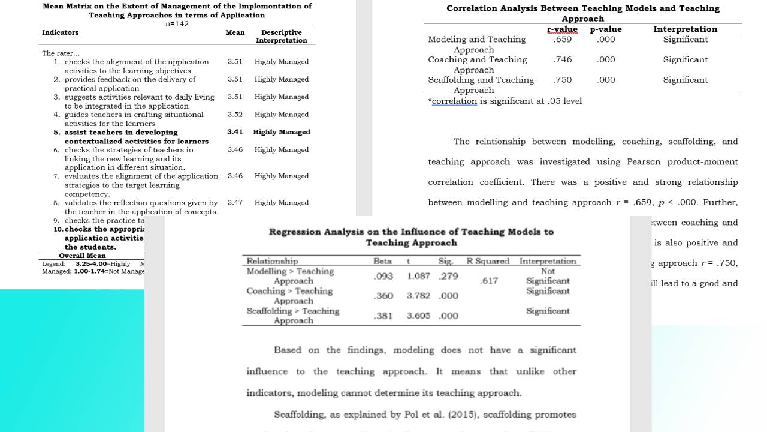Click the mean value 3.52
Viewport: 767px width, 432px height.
pyautogui.click(x=235, y=115)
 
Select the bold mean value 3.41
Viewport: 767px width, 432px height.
pyautogui.click(x=235, y=132)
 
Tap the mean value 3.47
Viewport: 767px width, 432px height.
pyautogui.click(x=235, y=203)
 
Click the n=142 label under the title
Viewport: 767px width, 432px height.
pyautogui.click(x=177, y=24)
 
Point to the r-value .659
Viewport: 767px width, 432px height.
pyautogui.click(x=562, y=40)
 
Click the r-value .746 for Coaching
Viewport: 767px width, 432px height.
pyautogui.click(x=562, y=60)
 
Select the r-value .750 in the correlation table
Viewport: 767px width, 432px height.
pyautogui.click(x=562, y=80)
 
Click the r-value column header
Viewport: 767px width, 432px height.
pyautogui.click(x=562, y=29)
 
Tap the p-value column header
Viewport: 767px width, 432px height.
pyautogui.click(x=606, y=29)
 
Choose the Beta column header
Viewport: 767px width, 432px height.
pyautogui.click(x=382, y=261)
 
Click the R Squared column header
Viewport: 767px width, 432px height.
pyautogui.click(x=488, y=261)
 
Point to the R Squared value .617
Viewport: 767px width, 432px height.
pyautogui.click(x=489, y=281)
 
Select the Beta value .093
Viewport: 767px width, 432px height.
pyautogui.click(x=383, y=276)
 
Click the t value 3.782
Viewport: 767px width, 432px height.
pyautogui.click(x=418, y=296)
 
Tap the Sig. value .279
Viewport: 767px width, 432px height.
pyautogui.click(x=448, y=276)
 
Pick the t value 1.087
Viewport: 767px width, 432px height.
pyautogui.click(x=418, y=276)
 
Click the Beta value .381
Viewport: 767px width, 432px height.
pyautogui.click(x=383, y=316)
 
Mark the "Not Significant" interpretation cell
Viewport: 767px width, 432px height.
pyautogui.click(x=548, y=276)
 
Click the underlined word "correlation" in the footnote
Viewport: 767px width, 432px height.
pyautogui.click(x=454, y=101)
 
